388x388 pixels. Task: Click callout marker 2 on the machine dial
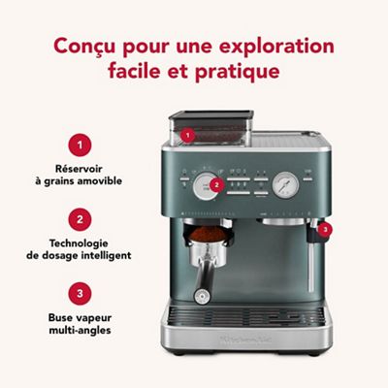click(x=217, y=183)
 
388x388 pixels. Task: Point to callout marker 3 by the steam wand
click(x=326, y=230)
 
